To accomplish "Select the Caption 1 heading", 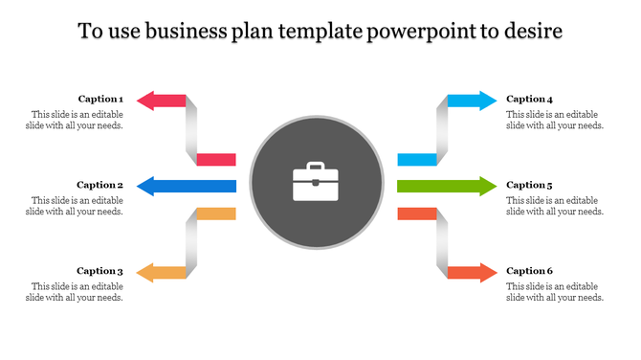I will (x=99, y=99).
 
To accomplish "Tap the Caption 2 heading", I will (x=99, y=185).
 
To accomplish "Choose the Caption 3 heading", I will (x=99, y=271).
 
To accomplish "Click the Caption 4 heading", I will (x=529, y=99).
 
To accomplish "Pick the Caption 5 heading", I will (x=529, y=185).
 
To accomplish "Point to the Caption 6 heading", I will (x=529, y=271).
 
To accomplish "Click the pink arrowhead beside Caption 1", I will (x=145, y=100).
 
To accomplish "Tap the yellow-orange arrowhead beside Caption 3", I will (x=145, y=273).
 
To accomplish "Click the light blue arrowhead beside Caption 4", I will (x=488, y=100).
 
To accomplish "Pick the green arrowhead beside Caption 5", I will (x=488, y=186).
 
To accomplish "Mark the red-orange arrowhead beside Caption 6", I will (x=488, y=273).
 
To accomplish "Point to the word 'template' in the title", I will (x=317, y=32).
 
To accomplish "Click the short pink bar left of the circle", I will (x=216, y=159).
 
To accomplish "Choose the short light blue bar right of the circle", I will (x=417, y=159).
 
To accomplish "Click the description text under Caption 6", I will (x=555, y=291).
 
